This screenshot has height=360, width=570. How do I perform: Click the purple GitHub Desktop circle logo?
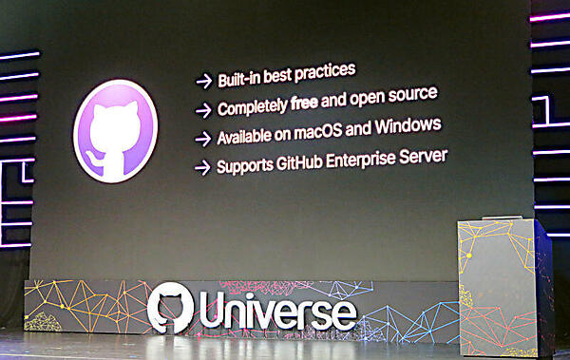pyautogui.click(x=115, y=131)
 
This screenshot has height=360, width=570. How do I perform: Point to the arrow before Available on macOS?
pyautogui.click(x=202, y=138)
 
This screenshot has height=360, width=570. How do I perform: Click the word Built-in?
pyautogui.click(x=241, y=72)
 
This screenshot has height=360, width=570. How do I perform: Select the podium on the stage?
pyautogui.click(x=503, y=285)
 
